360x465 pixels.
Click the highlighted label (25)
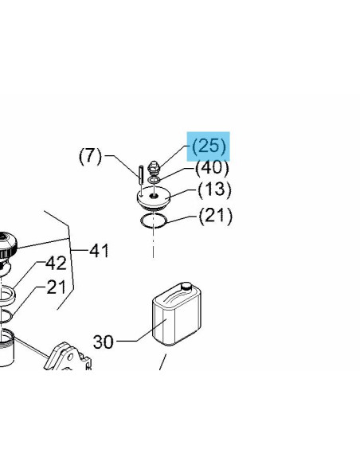(209, 147)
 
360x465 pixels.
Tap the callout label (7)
(90, 156)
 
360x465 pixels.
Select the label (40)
(212, 168)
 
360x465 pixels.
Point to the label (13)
(214, 190)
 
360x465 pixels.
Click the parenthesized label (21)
(216, 216)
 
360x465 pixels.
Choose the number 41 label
(100, 251)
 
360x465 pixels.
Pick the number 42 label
(56, 263)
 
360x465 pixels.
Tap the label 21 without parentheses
(57, 287)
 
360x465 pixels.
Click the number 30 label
(104, 342)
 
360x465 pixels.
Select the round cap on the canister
(186, 286)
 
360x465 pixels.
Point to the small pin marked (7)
(141, 175)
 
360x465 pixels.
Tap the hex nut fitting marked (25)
(155, 168)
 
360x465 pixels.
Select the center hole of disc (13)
(154, 195)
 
